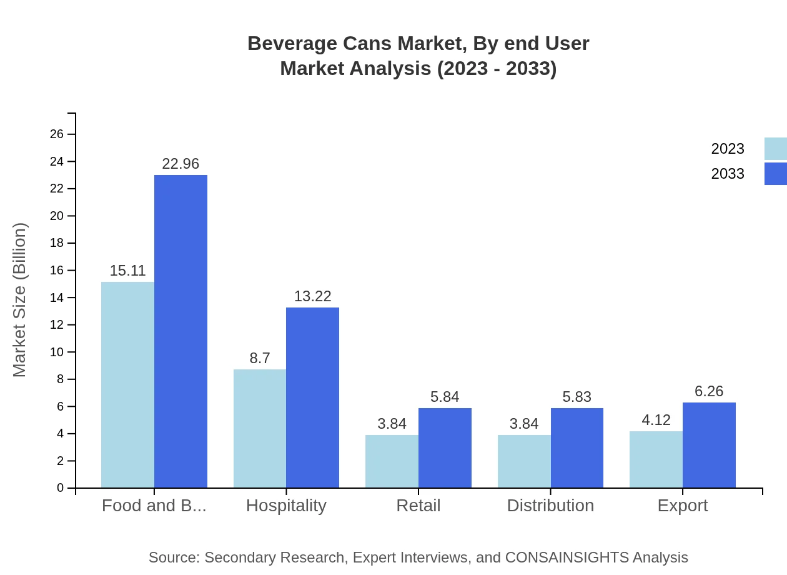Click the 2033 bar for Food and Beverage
pos(181,331)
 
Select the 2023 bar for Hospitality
pos(260,428)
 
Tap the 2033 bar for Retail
pos(445,447)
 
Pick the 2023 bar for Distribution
pos(524,461)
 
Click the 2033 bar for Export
pos(709,445)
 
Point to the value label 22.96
pos(181,164)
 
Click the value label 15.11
pos(127,271)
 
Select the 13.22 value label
pos(312,296)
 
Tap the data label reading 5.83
pos(577,397)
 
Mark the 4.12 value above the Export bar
pos(656,420)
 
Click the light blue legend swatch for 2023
pos(775,149)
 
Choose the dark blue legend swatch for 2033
pos(775,174)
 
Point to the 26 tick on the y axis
pos(57,134)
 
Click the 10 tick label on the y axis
pos(57,352)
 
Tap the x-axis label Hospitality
pos(286,506)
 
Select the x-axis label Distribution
pos(550,506)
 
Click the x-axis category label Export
pos(682,506)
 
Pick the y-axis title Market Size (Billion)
pos(20,300)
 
